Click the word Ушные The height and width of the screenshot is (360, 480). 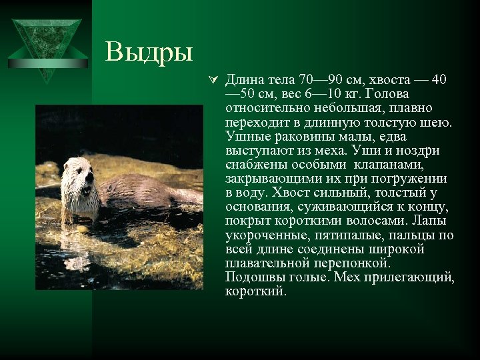coord(246,137)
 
